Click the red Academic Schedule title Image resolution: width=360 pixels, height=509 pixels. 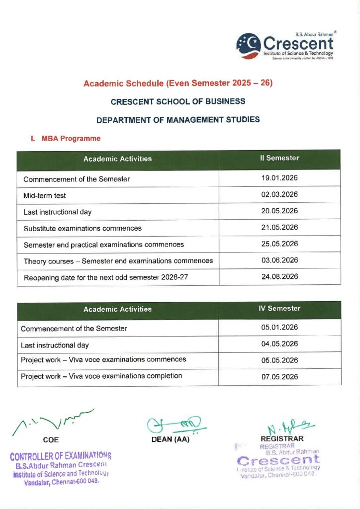point(178,83)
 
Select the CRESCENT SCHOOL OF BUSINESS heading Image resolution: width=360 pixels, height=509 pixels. point(178,101)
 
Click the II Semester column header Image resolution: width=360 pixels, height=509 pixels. point(279,159)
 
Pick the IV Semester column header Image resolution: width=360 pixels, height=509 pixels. point(279,309)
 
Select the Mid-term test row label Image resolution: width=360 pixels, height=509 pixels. point(45,195)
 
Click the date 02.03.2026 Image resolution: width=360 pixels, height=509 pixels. point(279,195)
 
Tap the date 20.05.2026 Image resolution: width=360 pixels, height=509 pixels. point(279,211)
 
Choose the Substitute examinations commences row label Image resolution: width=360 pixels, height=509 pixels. point(83,228)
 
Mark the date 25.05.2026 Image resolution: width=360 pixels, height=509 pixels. point(279,244)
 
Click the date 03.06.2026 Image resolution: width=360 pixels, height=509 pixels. point(279,260)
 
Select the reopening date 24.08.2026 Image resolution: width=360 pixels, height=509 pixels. point(279,277)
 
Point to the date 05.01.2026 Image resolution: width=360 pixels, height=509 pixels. point(279,328)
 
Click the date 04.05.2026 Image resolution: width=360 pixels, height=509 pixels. point(279,344)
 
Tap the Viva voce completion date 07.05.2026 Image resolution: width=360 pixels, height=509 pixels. point(279,377)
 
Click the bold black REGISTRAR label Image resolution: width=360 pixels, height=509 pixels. point(282,439)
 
